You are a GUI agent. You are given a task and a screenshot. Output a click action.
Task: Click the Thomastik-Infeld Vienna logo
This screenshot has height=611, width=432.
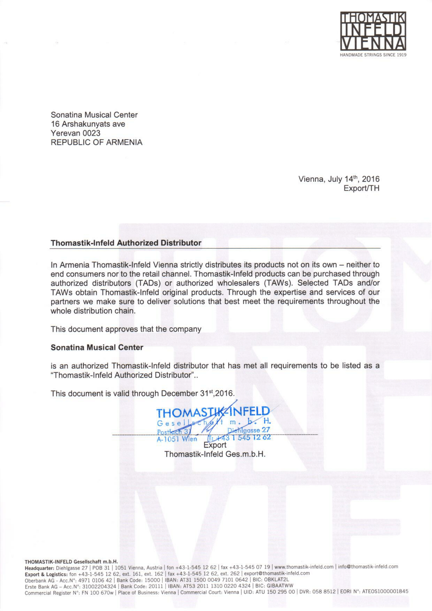click(x=373, y=31)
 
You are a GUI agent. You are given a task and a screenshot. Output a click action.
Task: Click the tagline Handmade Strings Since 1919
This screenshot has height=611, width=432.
click(x=373, y=55)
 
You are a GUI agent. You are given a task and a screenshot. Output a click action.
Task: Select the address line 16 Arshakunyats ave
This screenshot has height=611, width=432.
click(x=88, y=124)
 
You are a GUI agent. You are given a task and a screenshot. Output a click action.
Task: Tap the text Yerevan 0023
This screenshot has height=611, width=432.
click(x=76, y=133)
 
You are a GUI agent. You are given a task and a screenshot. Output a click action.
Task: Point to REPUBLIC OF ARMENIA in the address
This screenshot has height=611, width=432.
click(x=96, y=142)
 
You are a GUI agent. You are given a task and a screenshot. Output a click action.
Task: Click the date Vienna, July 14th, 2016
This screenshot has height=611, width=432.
click(x=339, y=179)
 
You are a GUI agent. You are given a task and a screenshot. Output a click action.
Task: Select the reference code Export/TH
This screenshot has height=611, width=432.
click(x=361, y=188)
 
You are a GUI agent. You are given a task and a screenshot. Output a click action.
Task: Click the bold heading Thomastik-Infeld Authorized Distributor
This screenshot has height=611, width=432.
click(x=126, y=243)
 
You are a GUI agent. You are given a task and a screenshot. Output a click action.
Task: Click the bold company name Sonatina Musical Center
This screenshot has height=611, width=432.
click(x=97, y=347)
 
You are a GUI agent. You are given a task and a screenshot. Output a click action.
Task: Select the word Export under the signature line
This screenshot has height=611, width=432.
click(x=215, y=445)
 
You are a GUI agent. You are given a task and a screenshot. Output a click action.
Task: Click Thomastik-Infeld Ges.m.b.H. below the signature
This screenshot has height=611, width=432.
click(x=215, y=454)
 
